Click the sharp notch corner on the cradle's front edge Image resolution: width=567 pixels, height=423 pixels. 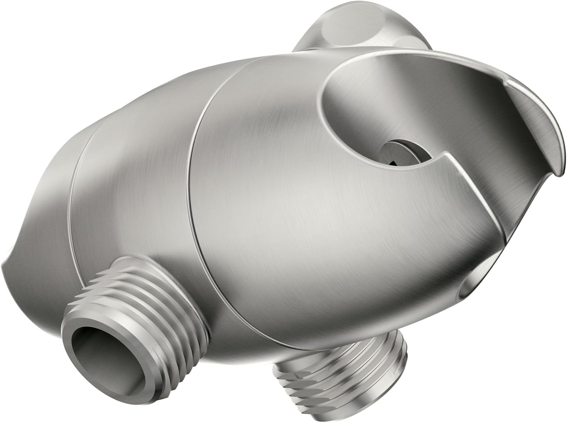pyautogui.click(x=450, y=154)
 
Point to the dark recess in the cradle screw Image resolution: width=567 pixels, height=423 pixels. pyautogui.click(x=395, y=162)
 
